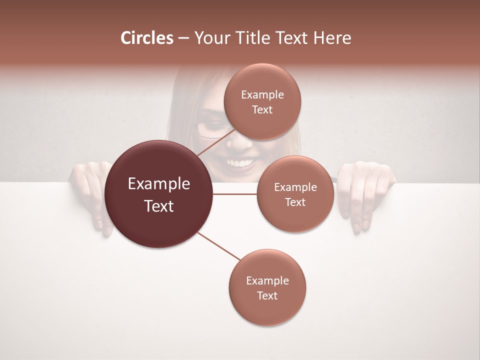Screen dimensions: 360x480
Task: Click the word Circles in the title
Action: coord(147,37)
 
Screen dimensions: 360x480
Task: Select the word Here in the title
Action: coord(332,37)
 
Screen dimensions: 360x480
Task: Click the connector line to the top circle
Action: coord(216,142)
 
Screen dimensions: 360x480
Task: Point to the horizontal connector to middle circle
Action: coord(235,194)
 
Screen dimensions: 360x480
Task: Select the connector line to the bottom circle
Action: coord(218,246)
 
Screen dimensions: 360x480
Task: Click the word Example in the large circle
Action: coord(159,184)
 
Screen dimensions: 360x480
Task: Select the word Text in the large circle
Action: coord(159,206)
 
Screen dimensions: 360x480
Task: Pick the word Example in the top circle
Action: coord(262,95)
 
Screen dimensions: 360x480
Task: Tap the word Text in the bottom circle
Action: coord(267,295)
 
